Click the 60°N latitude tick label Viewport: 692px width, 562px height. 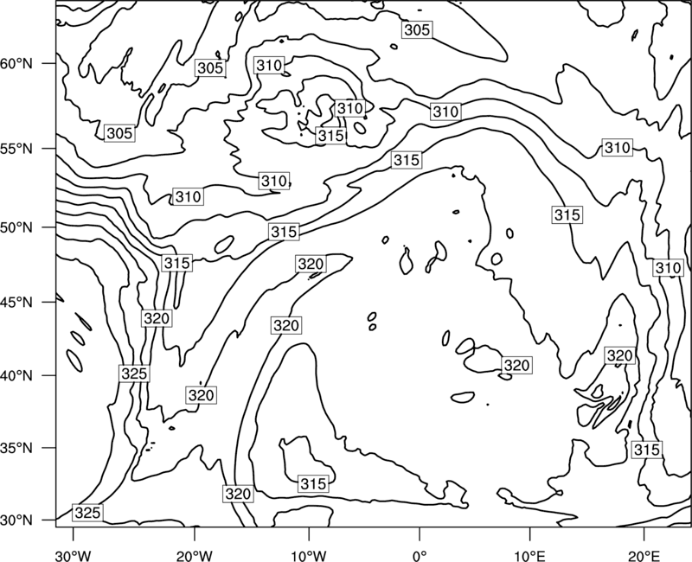coord(16,64)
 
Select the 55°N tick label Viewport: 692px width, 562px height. coord(16,149)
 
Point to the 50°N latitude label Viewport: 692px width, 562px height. coord(16,227)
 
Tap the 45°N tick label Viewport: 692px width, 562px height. coord(16,302)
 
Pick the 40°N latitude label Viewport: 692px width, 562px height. coord(16,376)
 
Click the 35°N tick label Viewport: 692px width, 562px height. coord(16,448)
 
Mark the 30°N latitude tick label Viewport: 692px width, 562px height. coord(16,520)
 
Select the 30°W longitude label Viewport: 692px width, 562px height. coord(74,556)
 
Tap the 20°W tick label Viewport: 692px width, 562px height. coord(195,556)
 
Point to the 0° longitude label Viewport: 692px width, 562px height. coord(420,556)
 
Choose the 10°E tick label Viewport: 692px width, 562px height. coord(529,556)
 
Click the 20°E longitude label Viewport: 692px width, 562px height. coord(644,556)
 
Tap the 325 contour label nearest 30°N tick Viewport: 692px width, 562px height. coord(88,513)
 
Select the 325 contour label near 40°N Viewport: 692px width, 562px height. coord(134,374)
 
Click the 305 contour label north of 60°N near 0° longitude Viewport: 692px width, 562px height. coord(417,29)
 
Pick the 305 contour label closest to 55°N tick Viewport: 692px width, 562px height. coord(119,133)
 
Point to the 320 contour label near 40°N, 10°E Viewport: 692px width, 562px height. coord(516,365)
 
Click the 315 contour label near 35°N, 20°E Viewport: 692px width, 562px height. coord(647,450)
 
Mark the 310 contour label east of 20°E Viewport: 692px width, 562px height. coord(668,268)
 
